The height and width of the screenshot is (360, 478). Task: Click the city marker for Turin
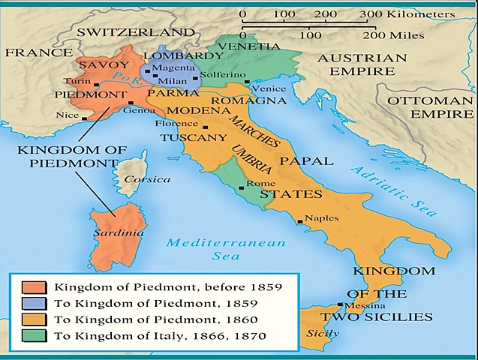coord(97,85)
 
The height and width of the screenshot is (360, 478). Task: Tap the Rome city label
coord(257,184)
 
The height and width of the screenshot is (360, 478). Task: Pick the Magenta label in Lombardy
coord(173,68)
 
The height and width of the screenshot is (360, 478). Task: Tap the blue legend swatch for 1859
coord(34,304)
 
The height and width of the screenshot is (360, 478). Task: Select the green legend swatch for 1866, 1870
coord(34,335)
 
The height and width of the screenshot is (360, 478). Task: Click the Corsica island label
coord(147,179)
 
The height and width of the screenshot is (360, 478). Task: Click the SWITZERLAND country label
coord(135,32)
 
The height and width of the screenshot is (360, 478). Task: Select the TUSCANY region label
coord(194,138)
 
